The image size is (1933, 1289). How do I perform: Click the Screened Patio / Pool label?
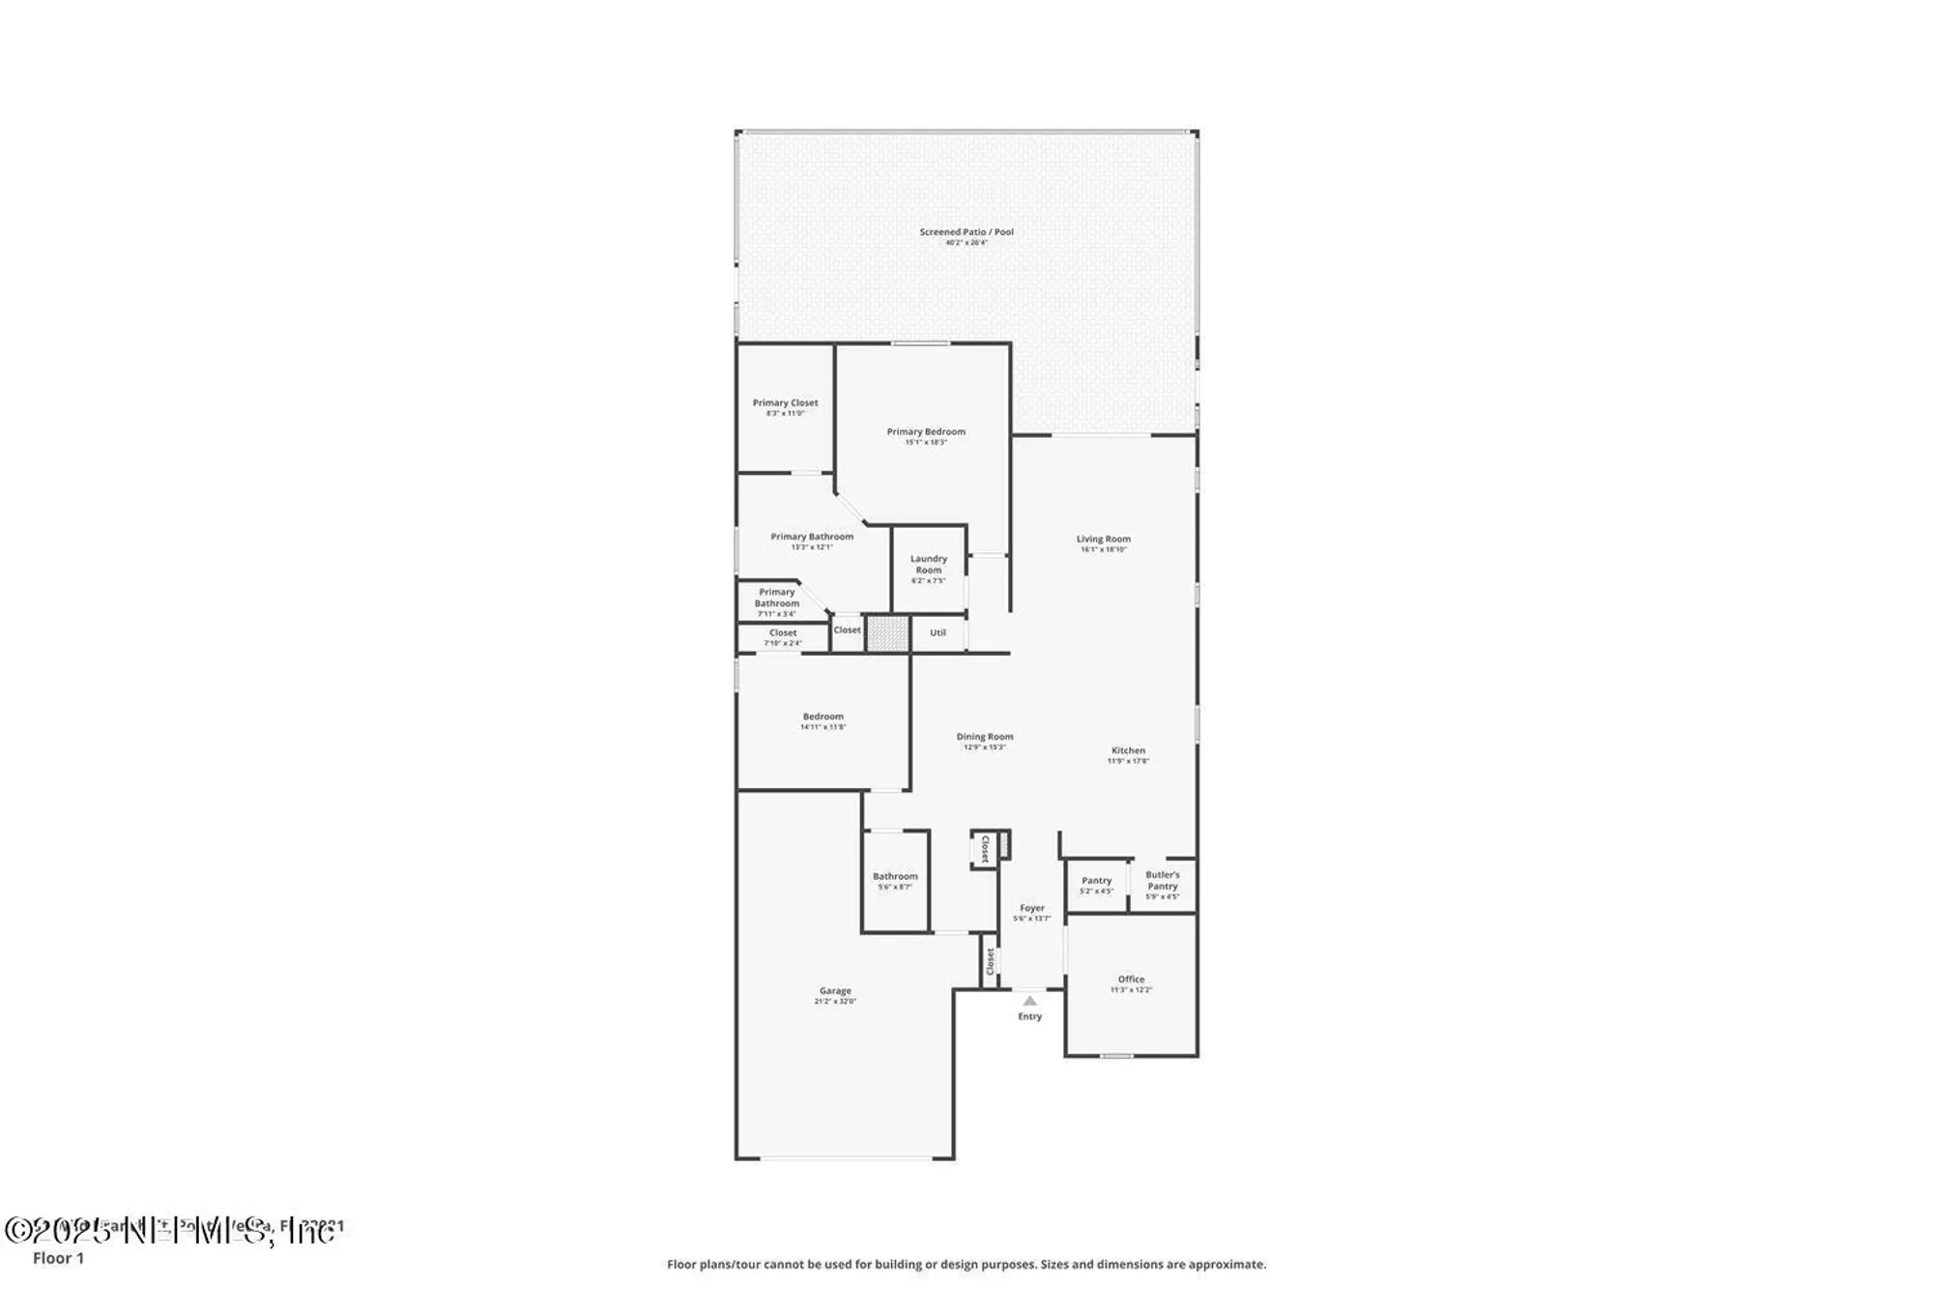tap(966, 233)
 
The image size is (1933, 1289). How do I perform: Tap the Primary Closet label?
tap(785, 403)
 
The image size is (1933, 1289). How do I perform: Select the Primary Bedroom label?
tap(926, 432)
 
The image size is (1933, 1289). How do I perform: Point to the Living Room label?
tap(1103, 540)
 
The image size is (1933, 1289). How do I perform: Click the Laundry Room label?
tap(928, 565)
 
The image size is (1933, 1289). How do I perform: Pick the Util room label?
tap(938, 633)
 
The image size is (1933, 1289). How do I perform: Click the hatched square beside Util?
tap(886, 634)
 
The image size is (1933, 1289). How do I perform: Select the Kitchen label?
tap(1128, 751)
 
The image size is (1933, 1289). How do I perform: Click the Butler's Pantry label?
tap(1162, 881)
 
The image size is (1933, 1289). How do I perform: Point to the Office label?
tap(1131, 980)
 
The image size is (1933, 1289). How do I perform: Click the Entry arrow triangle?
tap(1029, 1001)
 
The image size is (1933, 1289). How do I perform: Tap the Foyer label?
tap(1031, 909)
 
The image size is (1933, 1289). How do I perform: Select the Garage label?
tap(835, 991)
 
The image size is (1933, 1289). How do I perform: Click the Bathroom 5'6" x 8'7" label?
tap(895, 877)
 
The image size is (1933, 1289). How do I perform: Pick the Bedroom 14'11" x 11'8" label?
tap(822, 718)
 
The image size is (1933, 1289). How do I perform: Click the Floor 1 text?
tap(58, 1258)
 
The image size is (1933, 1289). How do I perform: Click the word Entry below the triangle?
tap(1029, 1016)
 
